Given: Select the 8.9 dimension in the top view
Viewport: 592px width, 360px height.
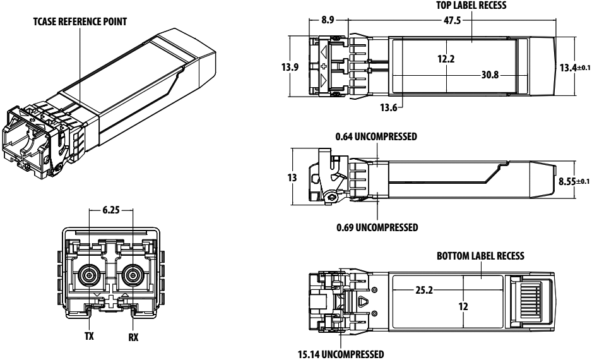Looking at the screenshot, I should [328, 20].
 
